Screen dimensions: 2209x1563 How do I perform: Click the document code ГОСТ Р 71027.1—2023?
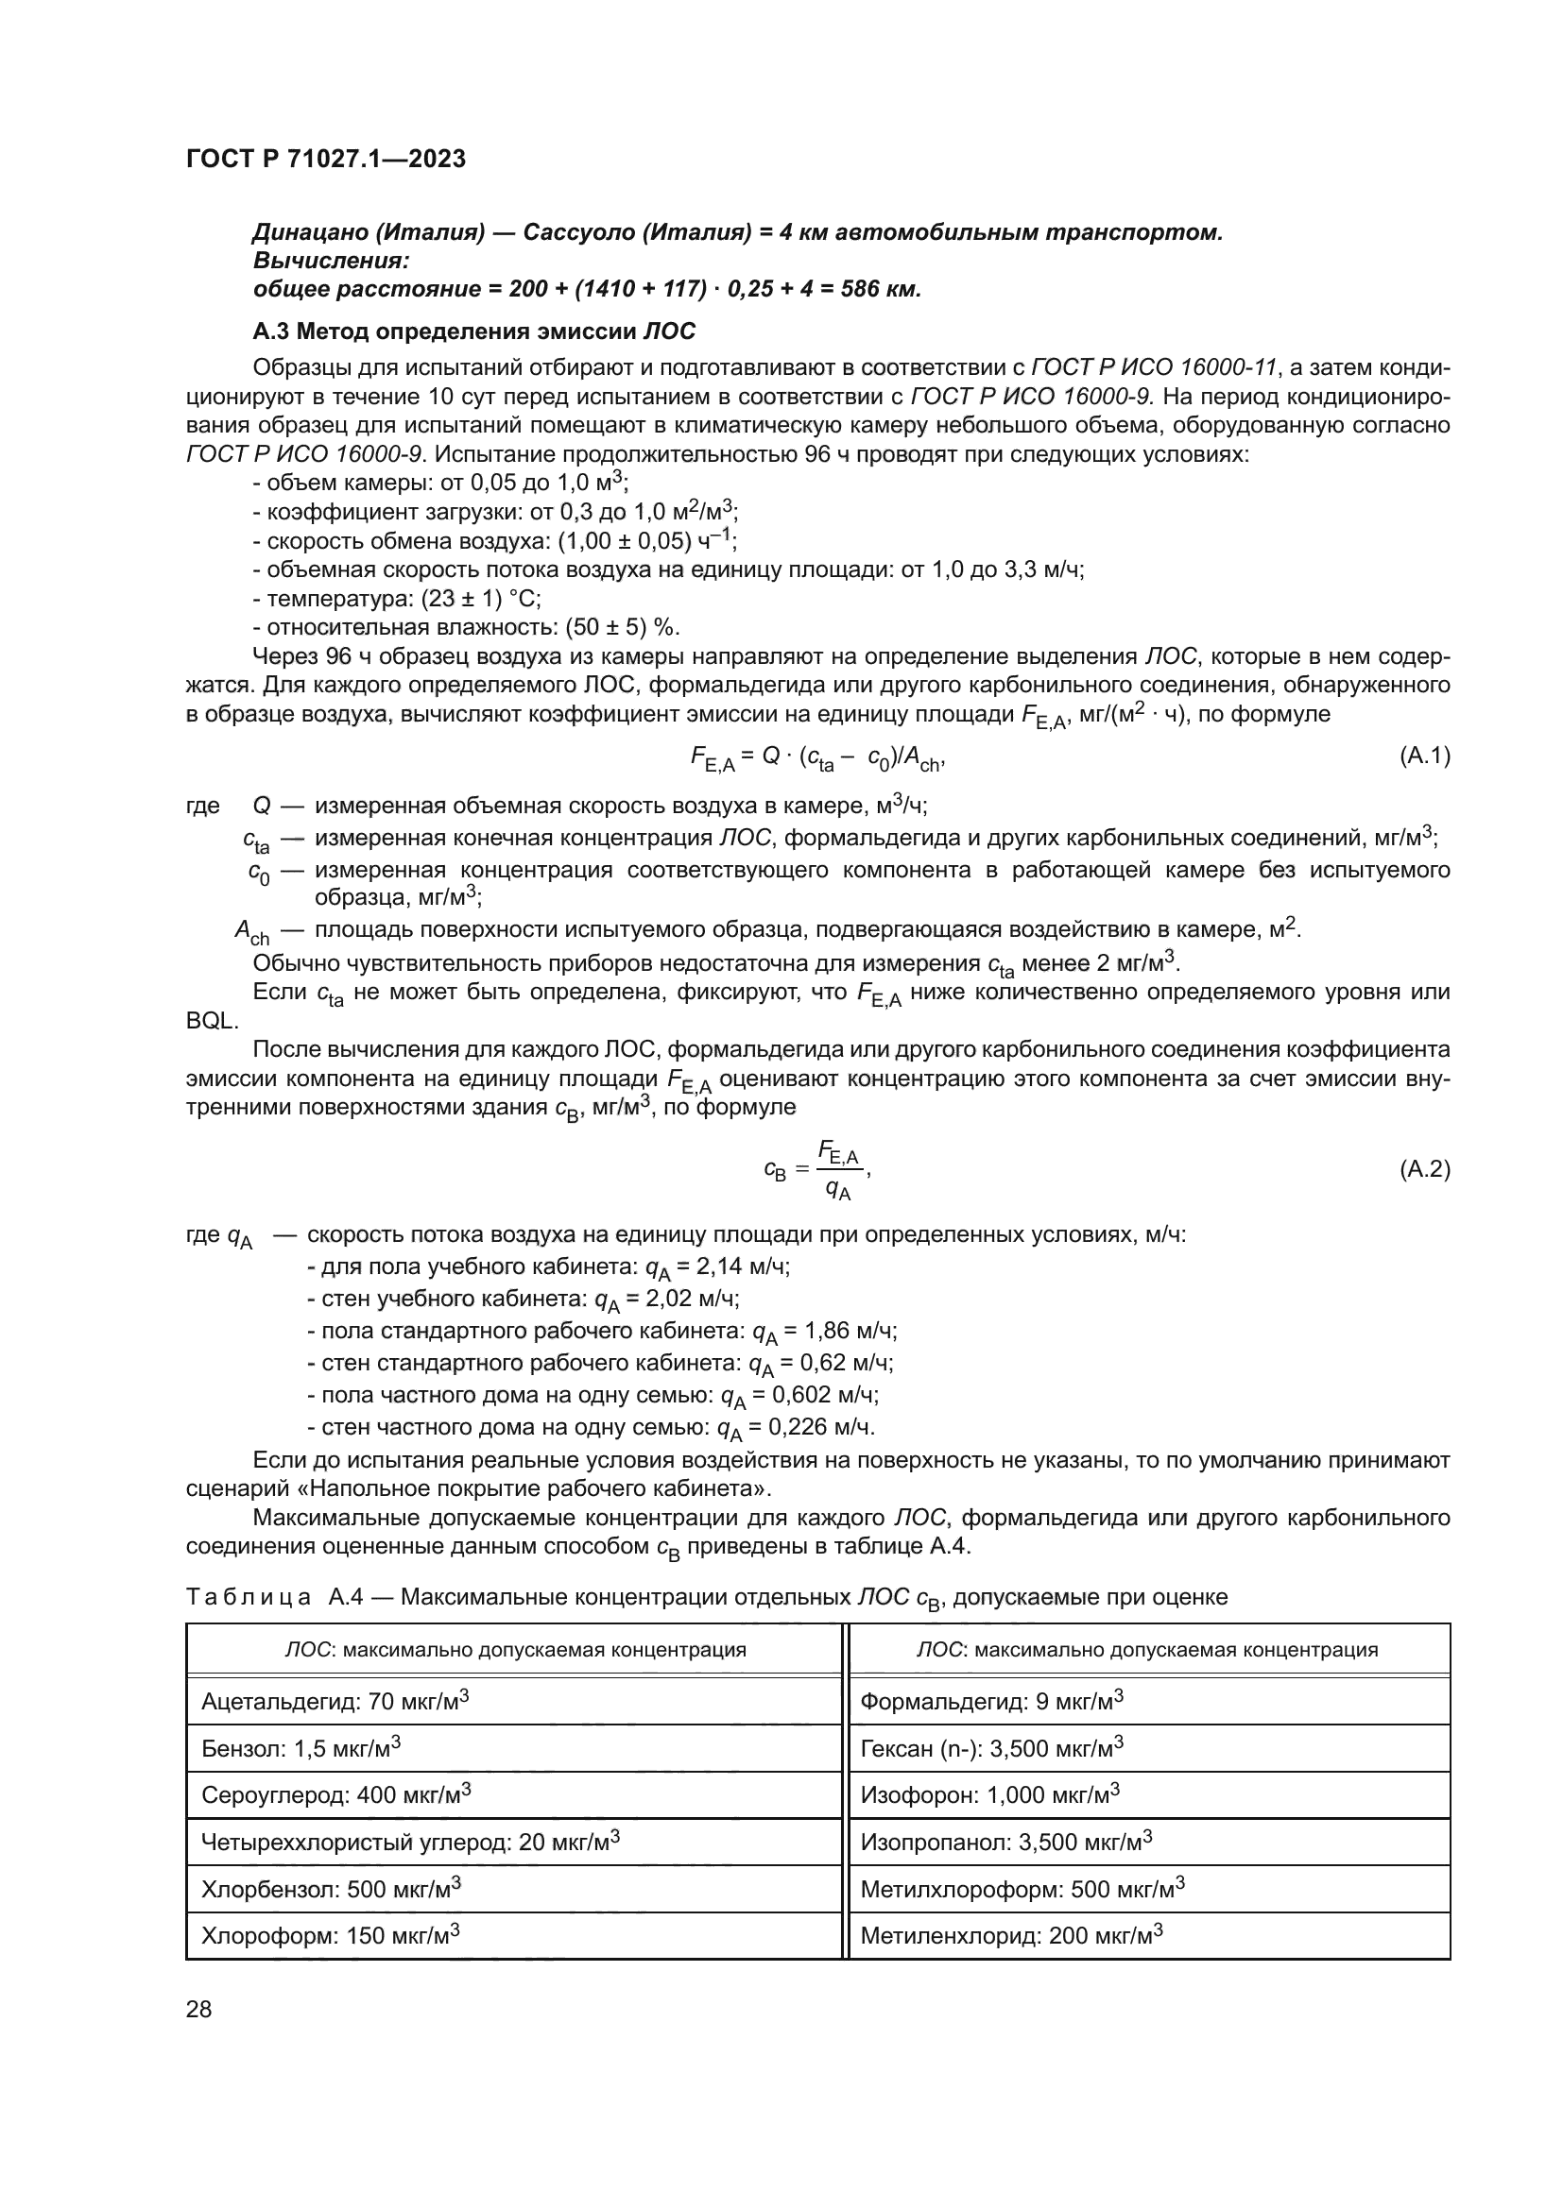[325, 159]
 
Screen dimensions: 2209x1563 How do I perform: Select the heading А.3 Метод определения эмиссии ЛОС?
[473, 331]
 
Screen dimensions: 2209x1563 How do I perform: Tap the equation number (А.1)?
[1423, 756]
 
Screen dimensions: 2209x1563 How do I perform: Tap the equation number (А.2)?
[1423, 1169]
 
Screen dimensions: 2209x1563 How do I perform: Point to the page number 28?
[198, 2009]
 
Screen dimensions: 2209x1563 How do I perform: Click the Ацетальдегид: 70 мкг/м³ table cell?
[335, 1702]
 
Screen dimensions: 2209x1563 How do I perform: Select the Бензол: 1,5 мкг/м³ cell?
[301, 1748]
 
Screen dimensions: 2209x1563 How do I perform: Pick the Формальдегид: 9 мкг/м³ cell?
[991, 1702]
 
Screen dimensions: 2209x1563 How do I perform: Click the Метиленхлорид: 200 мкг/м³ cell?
[1011, 1935]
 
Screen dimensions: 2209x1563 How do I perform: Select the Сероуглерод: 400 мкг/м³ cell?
[335, 1795]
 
